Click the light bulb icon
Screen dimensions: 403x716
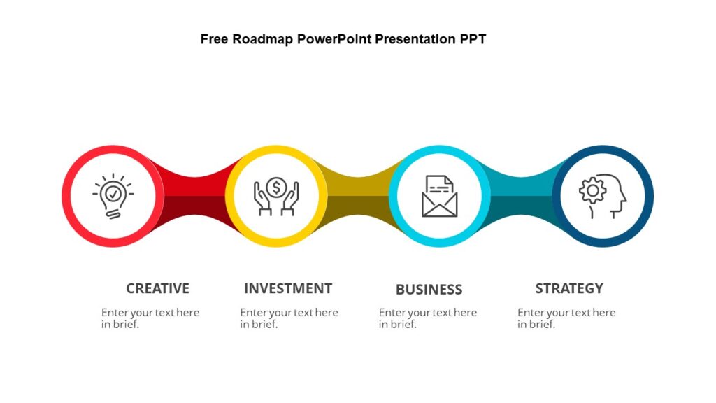coord(113,195)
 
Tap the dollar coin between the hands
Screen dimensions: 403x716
coord(276,187)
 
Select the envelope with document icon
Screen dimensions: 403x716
coord(439,196)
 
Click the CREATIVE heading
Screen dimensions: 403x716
coord(157,288)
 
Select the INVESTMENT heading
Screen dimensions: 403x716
coord(287,288)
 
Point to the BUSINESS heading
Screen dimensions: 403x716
coord(429,290)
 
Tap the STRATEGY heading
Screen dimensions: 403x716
coord(568,288)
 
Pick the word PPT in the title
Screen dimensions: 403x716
coord(472,39)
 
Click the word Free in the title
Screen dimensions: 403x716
coord(214,39)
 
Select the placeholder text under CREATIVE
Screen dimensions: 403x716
coord(150,318)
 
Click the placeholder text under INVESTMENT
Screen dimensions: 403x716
coord(288,318)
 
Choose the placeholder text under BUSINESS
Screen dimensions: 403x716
coord(427,318)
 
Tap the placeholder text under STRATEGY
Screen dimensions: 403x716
coord(566,318)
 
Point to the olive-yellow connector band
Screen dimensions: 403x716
coord(357,196)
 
